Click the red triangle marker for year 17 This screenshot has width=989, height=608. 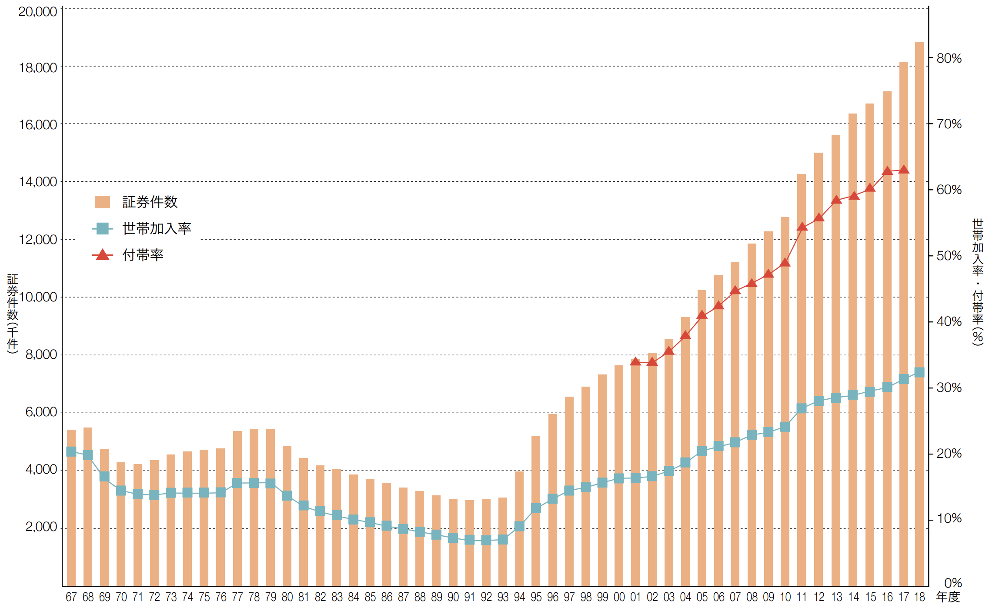click(x=904, y=170)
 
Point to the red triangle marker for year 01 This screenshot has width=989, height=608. click(x=635, y=361)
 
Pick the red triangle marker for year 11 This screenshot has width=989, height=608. click(x=802, y=227)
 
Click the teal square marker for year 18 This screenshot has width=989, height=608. click(x=919, y=372)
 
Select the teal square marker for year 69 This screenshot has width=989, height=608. click(x=104, y=476)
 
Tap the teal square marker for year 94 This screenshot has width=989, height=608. click(x=519, y=526)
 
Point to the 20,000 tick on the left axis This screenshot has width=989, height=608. click(x=38, y=12)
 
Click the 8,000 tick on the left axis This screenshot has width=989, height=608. click(x=41, y=354)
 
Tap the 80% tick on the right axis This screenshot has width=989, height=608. click(x=949, y=58)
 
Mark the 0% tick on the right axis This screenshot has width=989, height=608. click(x=953, y=583)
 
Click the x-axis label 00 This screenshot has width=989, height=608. click(x=619, y=597)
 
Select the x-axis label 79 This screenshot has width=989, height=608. click(x=271, y=597)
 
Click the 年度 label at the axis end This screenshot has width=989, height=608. click(x=948, y=597)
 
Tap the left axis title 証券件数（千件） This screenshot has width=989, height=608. click(x=13, y=313)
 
